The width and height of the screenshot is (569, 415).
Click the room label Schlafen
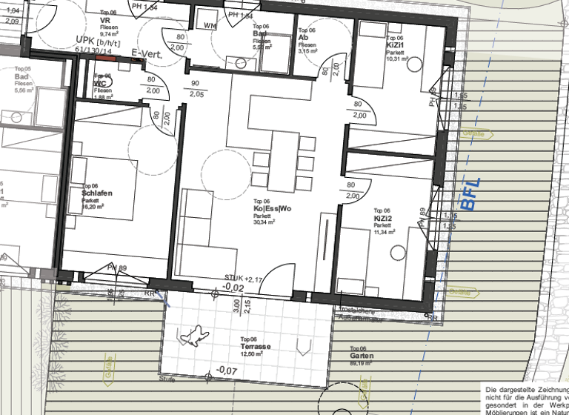click(x=97, y=193)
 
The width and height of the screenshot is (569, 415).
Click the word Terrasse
click(x=254, y=347)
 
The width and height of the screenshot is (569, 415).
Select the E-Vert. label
click(x=146, y=53)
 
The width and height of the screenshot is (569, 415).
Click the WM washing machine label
click(x=210, y=25)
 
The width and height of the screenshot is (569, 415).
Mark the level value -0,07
click(x=226, y=371)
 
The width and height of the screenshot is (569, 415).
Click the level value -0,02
click(x=234, y=287)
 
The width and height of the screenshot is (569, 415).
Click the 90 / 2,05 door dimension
click(x=196, y=89)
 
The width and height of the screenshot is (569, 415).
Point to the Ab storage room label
click(x=303, y=38)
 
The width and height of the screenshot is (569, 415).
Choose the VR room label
click(x=105, y=20)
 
